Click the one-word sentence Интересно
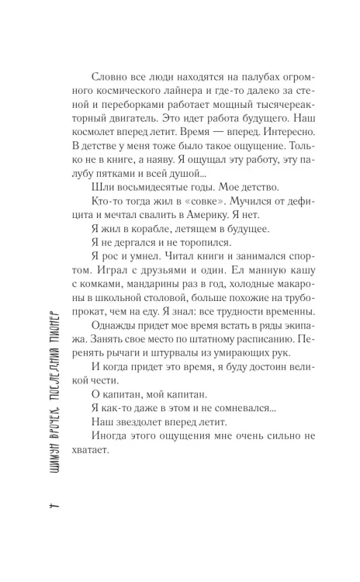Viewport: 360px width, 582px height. click(258, 147)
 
